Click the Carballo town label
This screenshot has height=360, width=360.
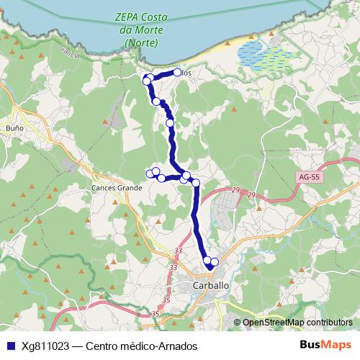[x=212, y=285]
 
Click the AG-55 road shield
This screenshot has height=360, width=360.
[x=308, y=176]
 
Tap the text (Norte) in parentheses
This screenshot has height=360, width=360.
[x=140, y=43]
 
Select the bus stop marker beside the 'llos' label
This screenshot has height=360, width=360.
[x=177, y=72]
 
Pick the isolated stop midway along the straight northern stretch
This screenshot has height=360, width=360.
[x=171, y=123]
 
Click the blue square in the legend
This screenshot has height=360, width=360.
[x=9, y=346]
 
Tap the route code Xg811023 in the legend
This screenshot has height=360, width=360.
[x=44, y=346]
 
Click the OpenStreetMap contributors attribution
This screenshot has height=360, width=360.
[x=297, y=322]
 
